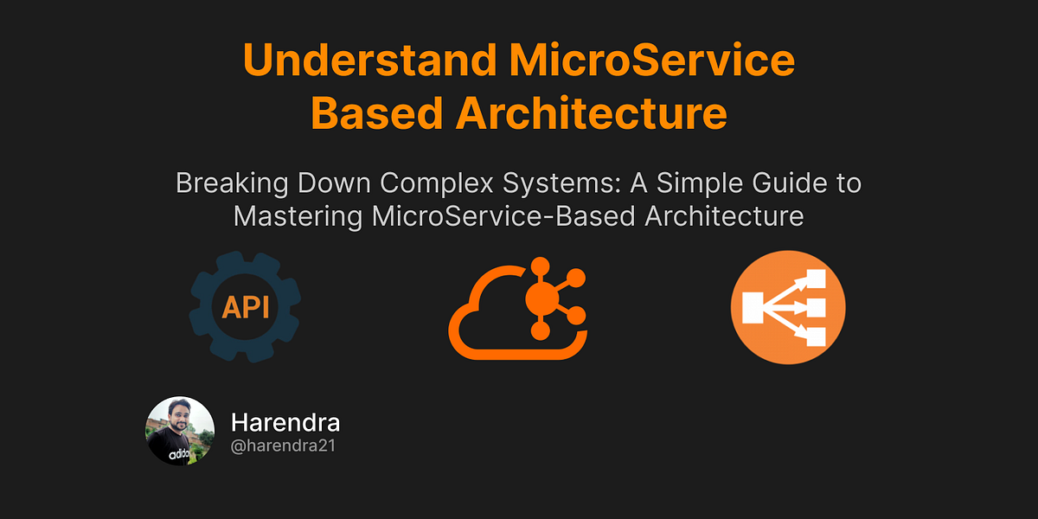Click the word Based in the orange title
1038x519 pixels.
378,114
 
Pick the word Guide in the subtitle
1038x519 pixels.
780,184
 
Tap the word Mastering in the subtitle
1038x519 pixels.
298,216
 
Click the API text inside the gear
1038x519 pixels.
245,308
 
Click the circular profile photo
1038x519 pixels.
180,432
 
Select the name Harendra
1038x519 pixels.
285,423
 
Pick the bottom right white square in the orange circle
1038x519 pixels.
816,337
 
